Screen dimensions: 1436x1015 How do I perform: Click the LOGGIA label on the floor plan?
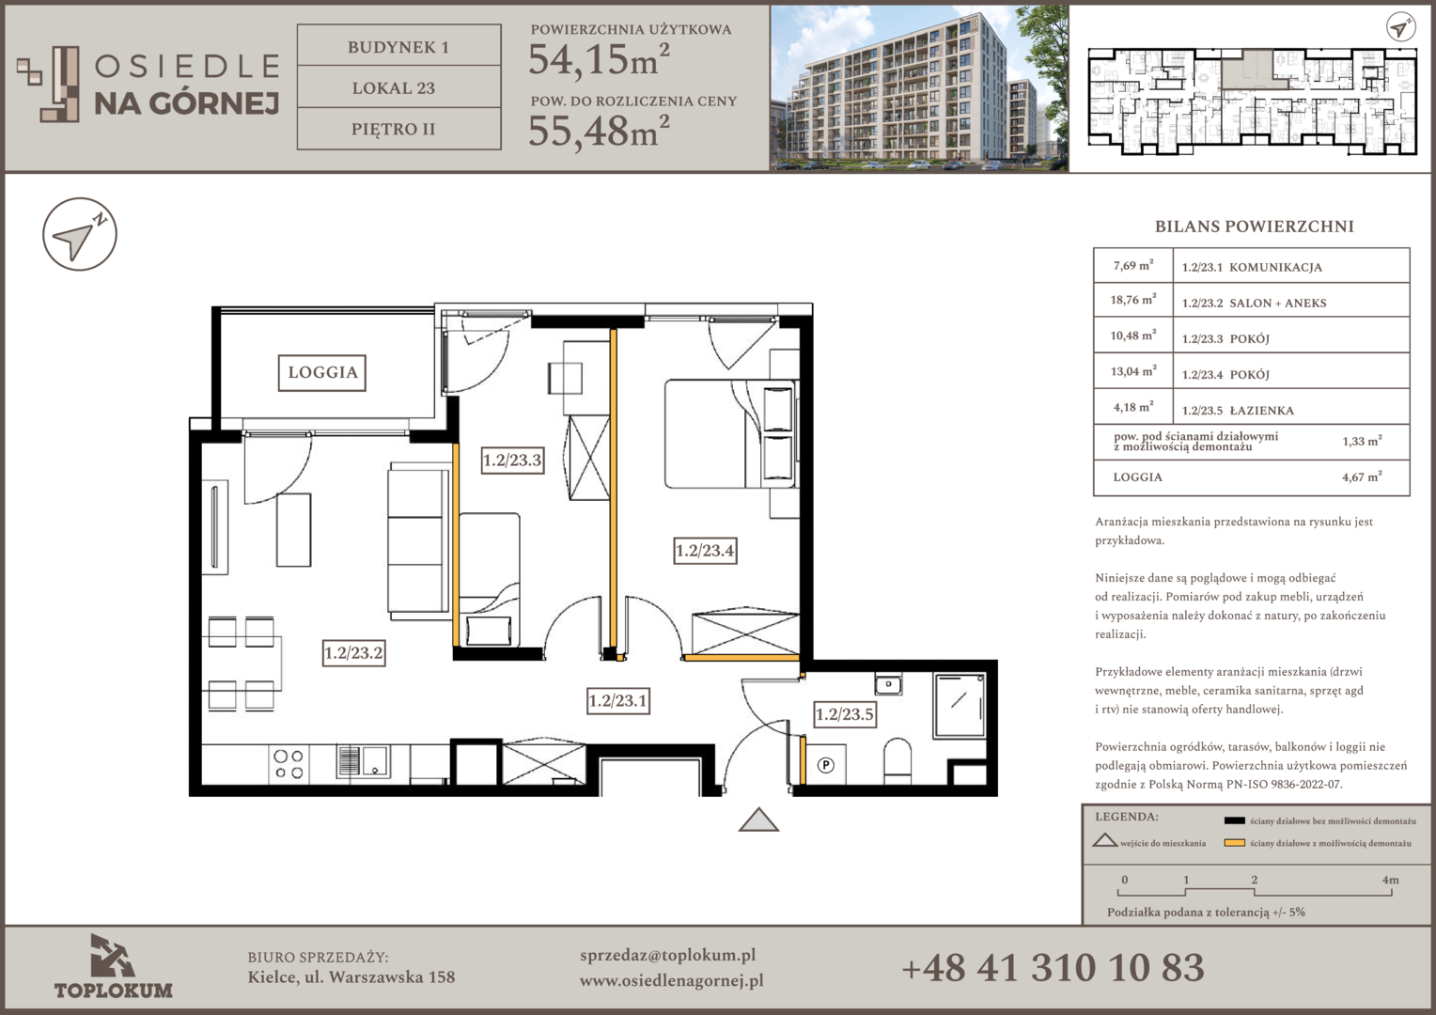tap(322, 372)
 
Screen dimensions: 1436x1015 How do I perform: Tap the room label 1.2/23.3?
tap(512, 460)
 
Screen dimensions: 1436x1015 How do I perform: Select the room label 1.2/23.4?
tap(705, 550)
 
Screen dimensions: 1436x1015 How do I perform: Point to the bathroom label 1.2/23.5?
tap(844, 713)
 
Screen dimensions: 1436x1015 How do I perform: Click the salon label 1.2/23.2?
tap(353, 653)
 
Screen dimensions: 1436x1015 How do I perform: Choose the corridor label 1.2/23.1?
tap(618, 701)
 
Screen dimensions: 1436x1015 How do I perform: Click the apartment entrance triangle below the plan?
tap(758, 820)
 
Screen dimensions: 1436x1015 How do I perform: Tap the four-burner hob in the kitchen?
tap(289, 764)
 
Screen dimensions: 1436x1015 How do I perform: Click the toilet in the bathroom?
tap(897, 760)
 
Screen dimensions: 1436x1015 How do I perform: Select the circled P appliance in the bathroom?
tap(826, 765)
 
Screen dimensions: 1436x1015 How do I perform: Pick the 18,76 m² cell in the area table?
tap(1133, 300)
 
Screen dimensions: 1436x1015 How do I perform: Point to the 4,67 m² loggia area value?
tap(1362, 477)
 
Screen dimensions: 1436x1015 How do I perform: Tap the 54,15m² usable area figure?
tap(599, 59)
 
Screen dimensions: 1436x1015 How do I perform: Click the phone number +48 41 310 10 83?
tap(1053, 968)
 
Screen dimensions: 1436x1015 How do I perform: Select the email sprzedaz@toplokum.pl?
tap(667, 956)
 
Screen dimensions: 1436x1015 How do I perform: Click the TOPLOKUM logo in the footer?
tap(114, 966)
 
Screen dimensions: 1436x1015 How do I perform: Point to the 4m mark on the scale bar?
tap(1390, 881)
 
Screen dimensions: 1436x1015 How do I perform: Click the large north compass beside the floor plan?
tap(80, 234)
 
